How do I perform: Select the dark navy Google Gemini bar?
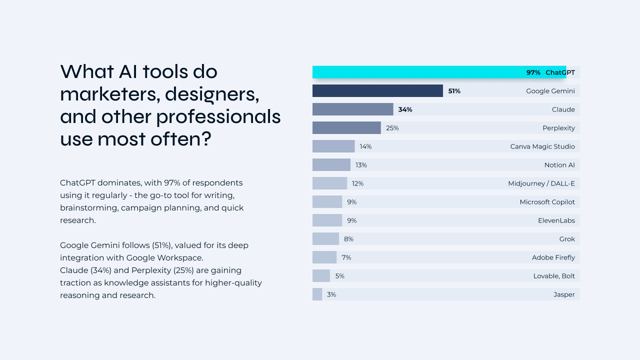click(x=377, y=91)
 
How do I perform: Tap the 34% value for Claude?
click(x=405, y=109)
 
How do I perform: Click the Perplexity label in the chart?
click(x=558, y=128)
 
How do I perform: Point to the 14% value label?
click(x=365, y=146)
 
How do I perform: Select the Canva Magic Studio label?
click(x=542, y=146)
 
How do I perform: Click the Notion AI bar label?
click(x=559, y=165)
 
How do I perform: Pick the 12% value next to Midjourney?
click(x=357, y=183)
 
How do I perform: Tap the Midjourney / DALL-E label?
click(x=541, y=183)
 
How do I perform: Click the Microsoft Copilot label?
click(x=547, y=202)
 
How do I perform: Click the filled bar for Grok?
click(x=325, y=239)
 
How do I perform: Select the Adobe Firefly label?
click(x=553, y=257)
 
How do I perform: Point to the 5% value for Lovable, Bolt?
click(x=340, y=276)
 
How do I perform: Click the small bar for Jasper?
click(x=317, y=294)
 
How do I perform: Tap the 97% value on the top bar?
click(x=533, y=72)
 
